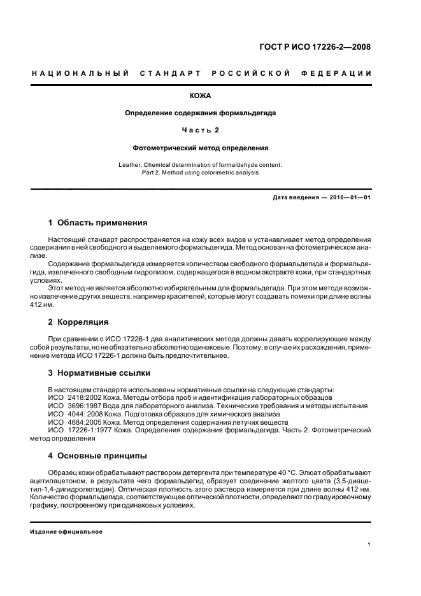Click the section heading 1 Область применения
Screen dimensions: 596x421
coord(98,223)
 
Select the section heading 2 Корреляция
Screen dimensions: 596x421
coord(78,322)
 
